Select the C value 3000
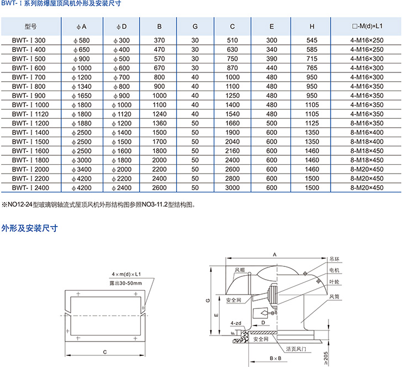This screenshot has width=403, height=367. coord(232,188)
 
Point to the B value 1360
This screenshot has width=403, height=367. coord(160,123)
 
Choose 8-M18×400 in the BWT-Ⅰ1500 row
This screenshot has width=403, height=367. coord(366,141)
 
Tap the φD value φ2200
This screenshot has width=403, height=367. coord(123,179)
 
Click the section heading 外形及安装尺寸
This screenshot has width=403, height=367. coord(30,228)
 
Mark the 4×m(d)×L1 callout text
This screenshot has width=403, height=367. coord(126,274)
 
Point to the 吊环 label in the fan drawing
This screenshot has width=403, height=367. coord(333,259)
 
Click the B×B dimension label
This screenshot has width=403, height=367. coord(275,359)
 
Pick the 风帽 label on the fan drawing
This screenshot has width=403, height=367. coord(239,270)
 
